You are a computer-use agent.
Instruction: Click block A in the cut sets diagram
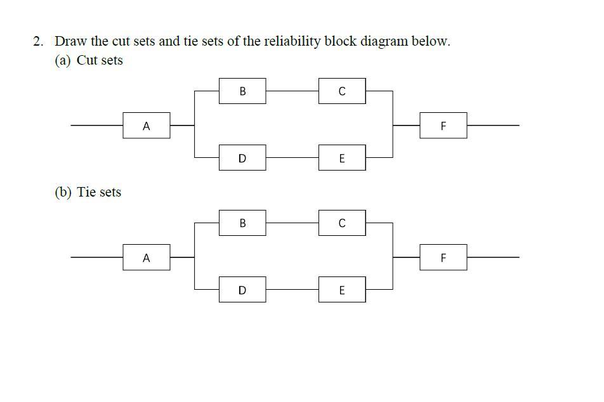(x=147, y=126)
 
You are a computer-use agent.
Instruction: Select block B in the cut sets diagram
(x=242, y=91)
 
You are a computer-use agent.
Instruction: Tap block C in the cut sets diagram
(x=342, y=91)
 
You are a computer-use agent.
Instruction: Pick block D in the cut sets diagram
(x=242, y=158)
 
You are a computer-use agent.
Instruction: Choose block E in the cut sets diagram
(x=342, y=158)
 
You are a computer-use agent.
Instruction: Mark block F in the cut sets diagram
(x=443, y=126)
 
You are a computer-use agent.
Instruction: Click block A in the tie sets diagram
(x=147, y=257)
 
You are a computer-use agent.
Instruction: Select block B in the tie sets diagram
(x=242, y=223)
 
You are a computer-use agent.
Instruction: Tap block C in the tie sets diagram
(x=342, y=223)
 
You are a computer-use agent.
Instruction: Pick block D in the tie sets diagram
(x=242, y=290)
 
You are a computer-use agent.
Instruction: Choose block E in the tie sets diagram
(x=342, y=290)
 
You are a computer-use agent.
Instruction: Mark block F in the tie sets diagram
(x=443, y=257)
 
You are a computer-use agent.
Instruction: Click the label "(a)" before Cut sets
(x=63, y=61)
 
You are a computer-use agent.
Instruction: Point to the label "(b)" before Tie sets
(x=63, y=192)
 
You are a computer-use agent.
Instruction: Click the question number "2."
(x=39, y=42)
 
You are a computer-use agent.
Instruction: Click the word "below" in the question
(x=430, y=42)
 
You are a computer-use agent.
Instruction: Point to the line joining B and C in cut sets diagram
(x=292, y=91)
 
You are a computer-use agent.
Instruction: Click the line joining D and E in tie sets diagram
(x=292, y=290)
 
